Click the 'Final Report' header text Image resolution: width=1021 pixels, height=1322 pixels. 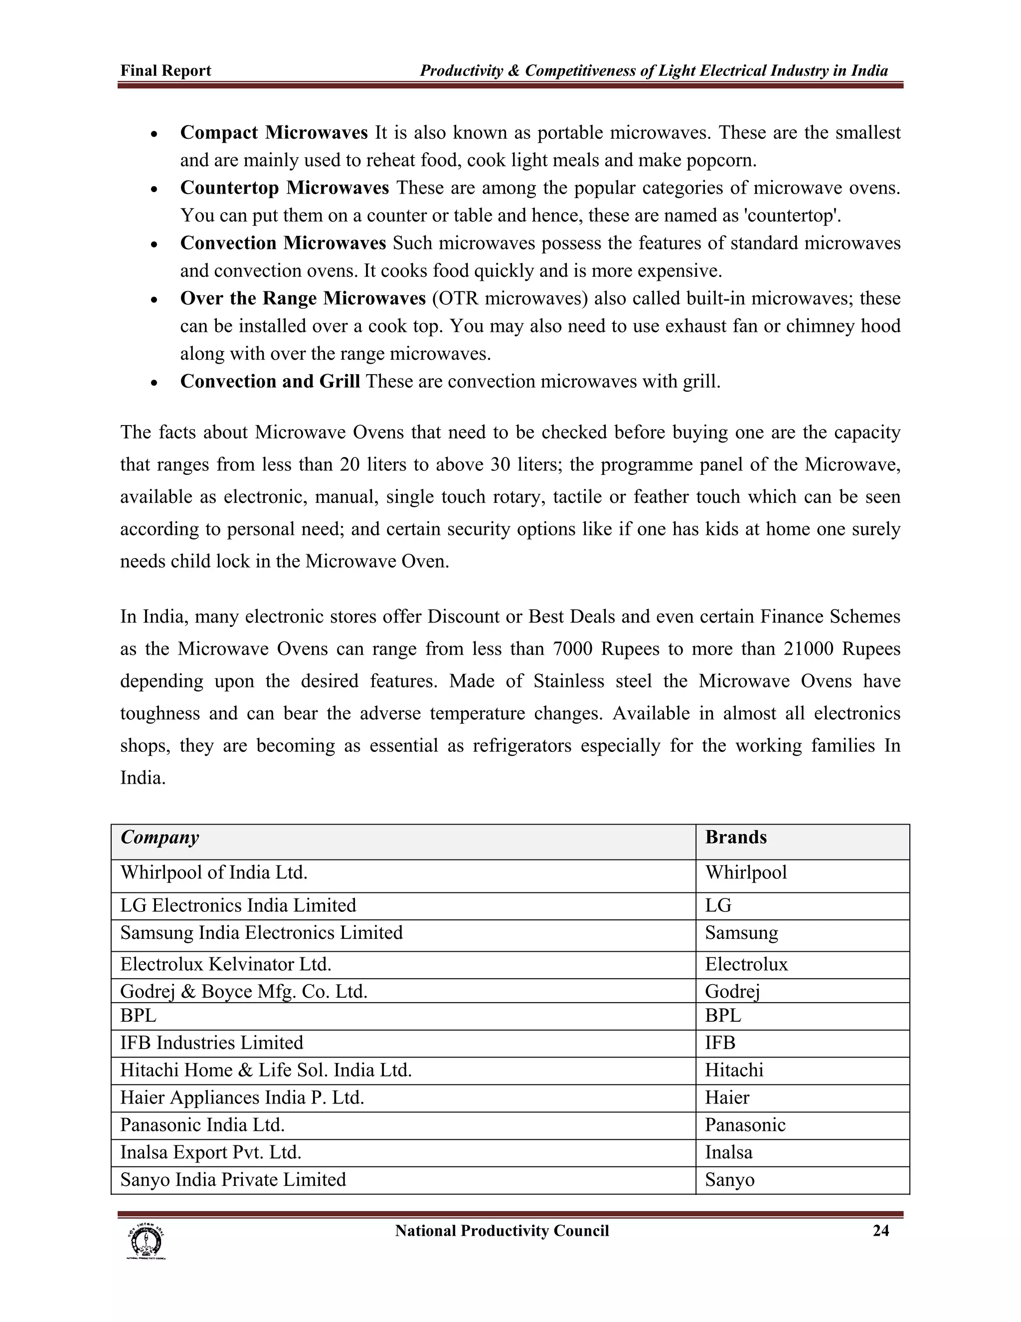(x=166, y=71)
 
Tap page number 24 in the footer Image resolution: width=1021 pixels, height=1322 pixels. (x=881, y=1231)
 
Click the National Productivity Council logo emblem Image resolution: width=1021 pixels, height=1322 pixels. (x=146, y=1241)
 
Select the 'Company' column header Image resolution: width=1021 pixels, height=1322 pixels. (x=160, y=837)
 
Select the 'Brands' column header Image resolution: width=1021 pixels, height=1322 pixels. (x=735, y=837)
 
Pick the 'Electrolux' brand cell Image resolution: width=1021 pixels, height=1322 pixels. (x=746, y=964)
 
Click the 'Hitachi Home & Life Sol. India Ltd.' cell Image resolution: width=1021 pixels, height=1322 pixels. (x=266, y=1070)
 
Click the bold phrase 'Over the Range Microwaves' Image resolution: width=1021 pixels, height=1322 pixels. (x=303, y=298)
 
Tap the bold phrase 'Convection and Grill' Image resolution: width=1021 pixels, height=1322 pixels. (x=270, y=381)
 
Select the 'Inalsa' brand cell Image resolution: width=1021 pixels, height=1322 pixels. (x=728, y=1152)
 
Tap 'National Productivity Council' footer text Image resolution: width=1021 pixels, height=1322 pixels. (x=502, y=1231)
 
